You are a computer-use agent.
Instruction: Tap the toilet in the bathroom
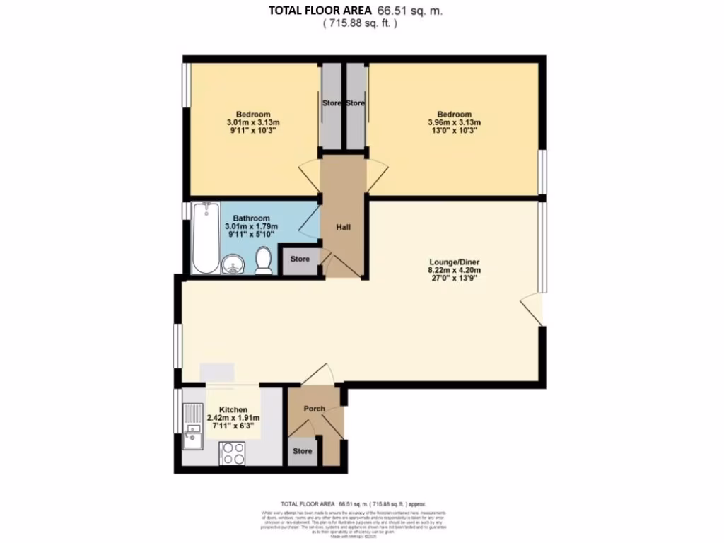[263, 260]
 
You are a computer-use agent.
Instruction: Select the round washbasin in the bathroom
[233, 264]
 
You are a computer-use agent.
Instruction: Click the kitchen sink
[192, 425]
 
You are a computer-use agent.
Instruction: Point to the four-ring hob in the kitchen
[233, 452]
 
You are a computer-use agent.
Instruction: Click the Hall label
[344, 228]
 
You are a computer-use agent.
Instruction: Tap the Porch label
[314, 409]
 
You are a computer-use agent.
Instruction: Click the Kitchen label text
[233, 410]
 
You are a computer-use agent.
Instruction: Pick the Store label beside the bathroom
[300, 259]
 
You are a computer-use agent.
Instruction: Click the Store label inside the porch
[303, 451]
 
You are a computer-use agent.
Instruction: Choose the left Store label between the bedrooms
[332, 103]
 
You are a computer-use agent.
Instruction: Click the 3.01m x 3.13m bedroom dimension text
[253, 122]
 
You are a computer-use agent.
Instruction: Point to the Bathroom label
[252, 218]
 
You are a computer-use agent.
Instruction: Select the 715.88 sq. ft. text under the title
[360, 23]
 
